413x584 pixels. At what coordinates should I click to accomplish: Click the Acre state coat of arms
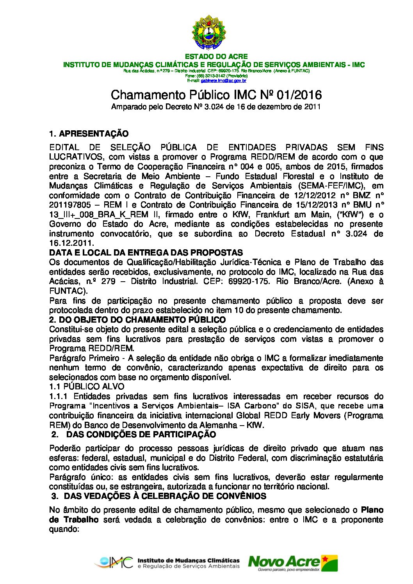click(x=208, y=33)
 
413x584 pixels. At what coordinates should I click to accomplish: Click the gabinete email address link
click(x=223, y=81)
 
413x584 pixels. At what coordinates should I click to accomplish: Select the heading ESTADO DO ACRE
click(x=216, y=57)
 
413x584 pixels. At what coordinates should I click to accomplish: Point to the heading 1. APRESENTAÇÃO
click(x=89, y=134)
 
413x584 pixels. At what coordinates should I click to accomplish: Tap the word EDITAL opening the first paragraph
click(x=64, y=147)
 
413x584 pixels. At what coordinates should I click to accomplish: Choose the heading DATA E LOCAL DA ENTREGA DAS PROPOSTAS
click(x=146, y=253)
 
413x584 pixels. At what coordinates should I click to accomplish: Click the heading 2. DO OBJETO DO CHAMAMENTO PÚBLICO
click(x=137, y=320)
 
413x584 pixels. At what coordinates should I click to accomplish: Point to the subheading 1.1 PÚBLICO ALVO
click(x=87, y=387)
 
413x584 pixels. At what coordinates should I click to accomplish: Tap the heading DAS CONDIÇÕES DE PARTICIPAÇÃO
click(x=141, y=435)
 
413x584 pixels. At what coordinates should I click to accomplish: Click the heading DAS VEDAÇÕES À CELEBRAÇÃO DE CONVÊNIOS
click(x=165, y=496)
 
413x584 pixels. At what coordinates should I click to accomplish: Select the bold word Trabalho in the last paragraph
click(x=81, y=520)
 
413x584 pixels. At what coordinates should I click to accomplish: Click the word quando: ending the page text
click(x=64, y=529)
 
